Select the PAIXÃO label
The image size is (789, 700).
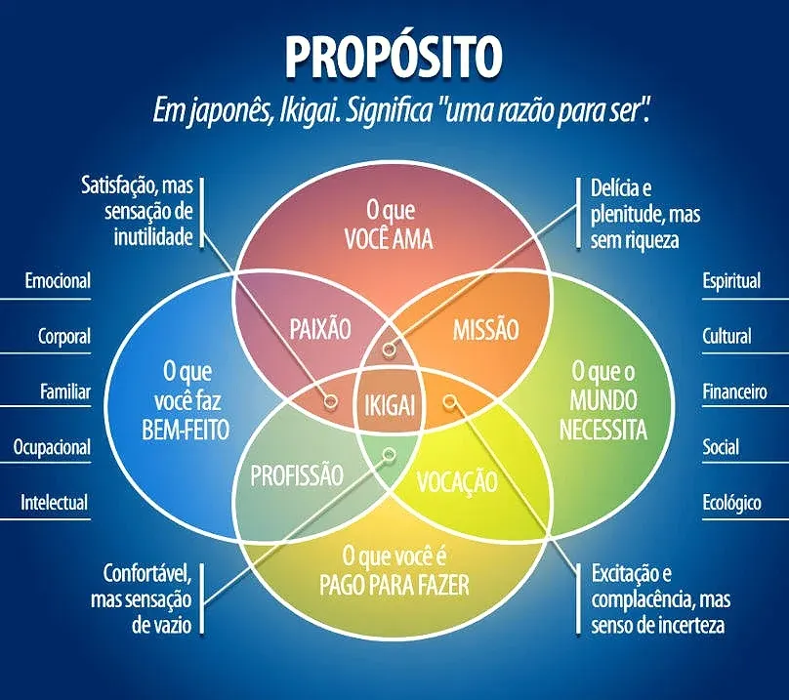(319, 329)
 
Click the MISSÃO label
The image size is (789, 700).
(485, 329)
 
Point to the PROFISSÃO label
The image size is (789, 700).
(297, 476)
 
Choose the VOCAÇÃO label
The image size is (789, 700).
(457, 481)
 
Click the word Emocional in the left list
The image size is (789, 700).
(57, 281)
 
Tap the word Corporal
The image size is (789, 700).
(63, 337)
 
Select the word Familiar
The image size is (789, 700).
(64, 392)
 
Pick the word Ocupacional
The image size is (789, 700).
(51, 448)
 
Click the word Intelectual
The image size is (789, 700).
(54, 504)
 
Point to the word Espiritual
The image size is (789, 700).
(731, 281)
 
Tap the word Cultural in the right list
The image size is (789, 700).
(727, 337)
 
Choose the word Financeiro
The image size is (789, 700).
(734, 392)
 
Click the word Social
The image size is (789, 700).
(721, 448)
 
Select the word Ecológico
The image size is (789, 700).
(731, 504)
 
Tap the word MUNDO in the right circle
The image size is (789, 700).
(602, 400)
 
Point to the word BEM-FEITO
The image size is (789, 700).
(186, 430)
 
